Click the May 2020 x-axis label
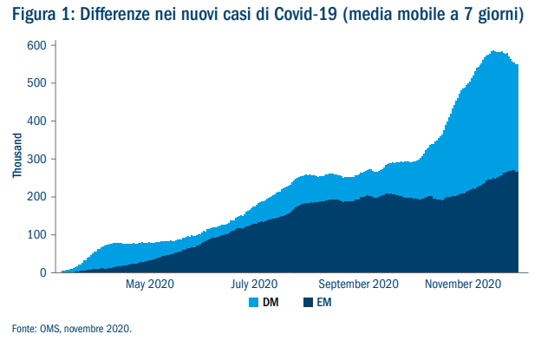151,285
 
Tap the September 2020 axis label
359,285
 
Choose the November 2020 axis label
465,285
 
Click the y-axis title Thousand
16,157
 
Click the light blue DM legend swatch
256,303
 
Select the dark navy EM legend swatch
309,303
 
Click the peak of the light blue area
493,51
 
